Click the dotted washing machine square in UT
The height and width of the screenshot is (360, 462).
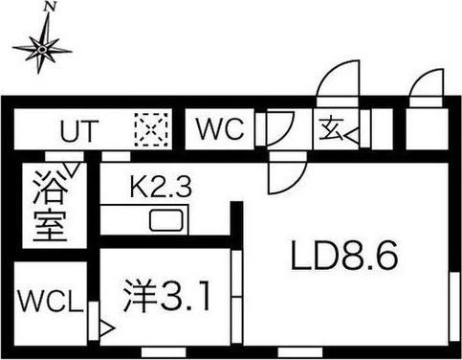[152, 129]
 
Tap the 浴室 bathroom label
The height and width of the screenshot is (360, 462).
[48, 205]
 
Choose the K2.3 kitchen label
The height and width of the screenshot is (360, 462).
[161, 188]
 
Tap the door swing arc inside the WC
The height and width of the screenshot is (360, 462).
[280, 126]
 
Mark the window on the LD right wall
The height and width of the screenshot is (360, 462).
[452, 306]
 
